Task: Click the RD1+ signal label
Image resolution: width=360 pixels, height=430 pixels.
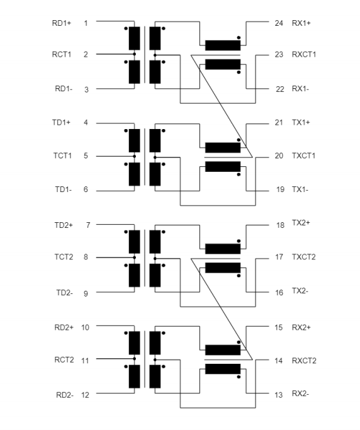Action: [62, 23]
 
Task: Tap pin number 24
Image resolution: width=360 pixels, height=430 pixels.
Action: [279, 23]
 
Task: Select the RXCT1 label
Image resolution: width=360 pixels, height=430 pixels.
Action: [304, 55]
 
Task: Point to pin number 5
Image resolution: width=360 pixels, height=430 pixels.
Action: [86, 156]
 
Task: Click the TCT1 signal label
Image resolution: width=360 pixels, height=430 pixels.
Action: [62, 156]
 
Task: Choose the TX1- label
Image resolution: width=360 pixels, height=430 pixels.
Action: [300, 190]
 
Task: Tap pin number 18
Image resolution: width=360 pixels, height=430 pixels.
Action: [280, 225]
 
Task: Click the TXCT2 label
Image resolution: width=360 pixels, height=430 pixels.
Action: [304, 257]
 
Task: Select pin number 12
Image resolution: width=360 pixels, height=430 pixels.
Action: [85, 395]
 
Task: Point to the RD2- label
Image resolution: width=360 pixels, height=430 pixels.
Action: [65, 395]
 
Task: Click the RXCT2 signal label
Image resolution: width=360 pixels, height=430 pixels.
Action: [304, 361]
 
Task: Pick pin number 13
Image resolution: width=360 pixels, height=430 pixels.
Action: [279, 395]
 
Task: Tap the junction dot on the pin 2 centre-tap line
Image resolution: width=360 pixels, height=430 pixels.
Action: [134, 54]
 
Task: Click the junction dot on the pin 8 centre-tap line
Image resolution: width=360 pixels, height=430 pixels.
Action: [134, 257]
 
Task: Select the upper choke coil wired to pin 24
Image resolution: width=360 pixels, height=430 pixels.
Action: [223, 45]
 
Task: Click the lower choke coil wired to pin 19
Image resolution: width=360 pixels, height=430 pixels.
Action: [223, 167]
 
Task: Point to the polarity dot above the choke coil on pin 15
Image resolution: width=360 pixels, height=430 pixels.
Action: [239, 342]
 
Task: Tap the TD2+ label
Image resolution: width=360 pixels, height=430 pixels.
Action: [64, 225]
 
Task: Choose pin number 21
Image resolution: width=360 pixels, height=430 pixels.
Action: [279, 123]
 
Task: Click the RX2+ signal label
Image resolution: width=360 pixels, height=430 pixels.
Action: [301, 327]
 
